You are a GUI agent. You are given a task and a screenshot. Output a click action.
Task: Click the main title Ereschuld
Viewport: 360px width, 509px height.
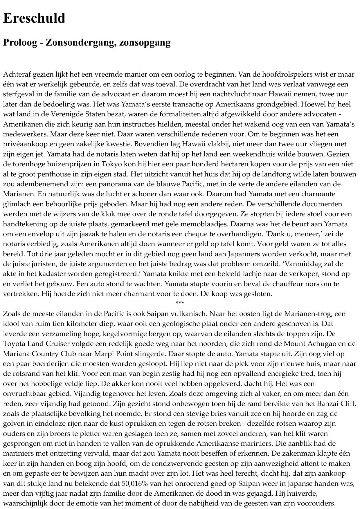(x=34, y=18)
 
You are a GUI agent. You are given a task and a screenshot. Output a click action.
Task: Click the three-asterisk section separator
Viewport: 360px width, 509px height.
(x=180, y=303)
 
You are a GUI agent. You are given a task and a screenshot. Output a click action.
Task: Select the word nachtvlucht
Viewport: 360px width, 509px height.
(x=229, y=94)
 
